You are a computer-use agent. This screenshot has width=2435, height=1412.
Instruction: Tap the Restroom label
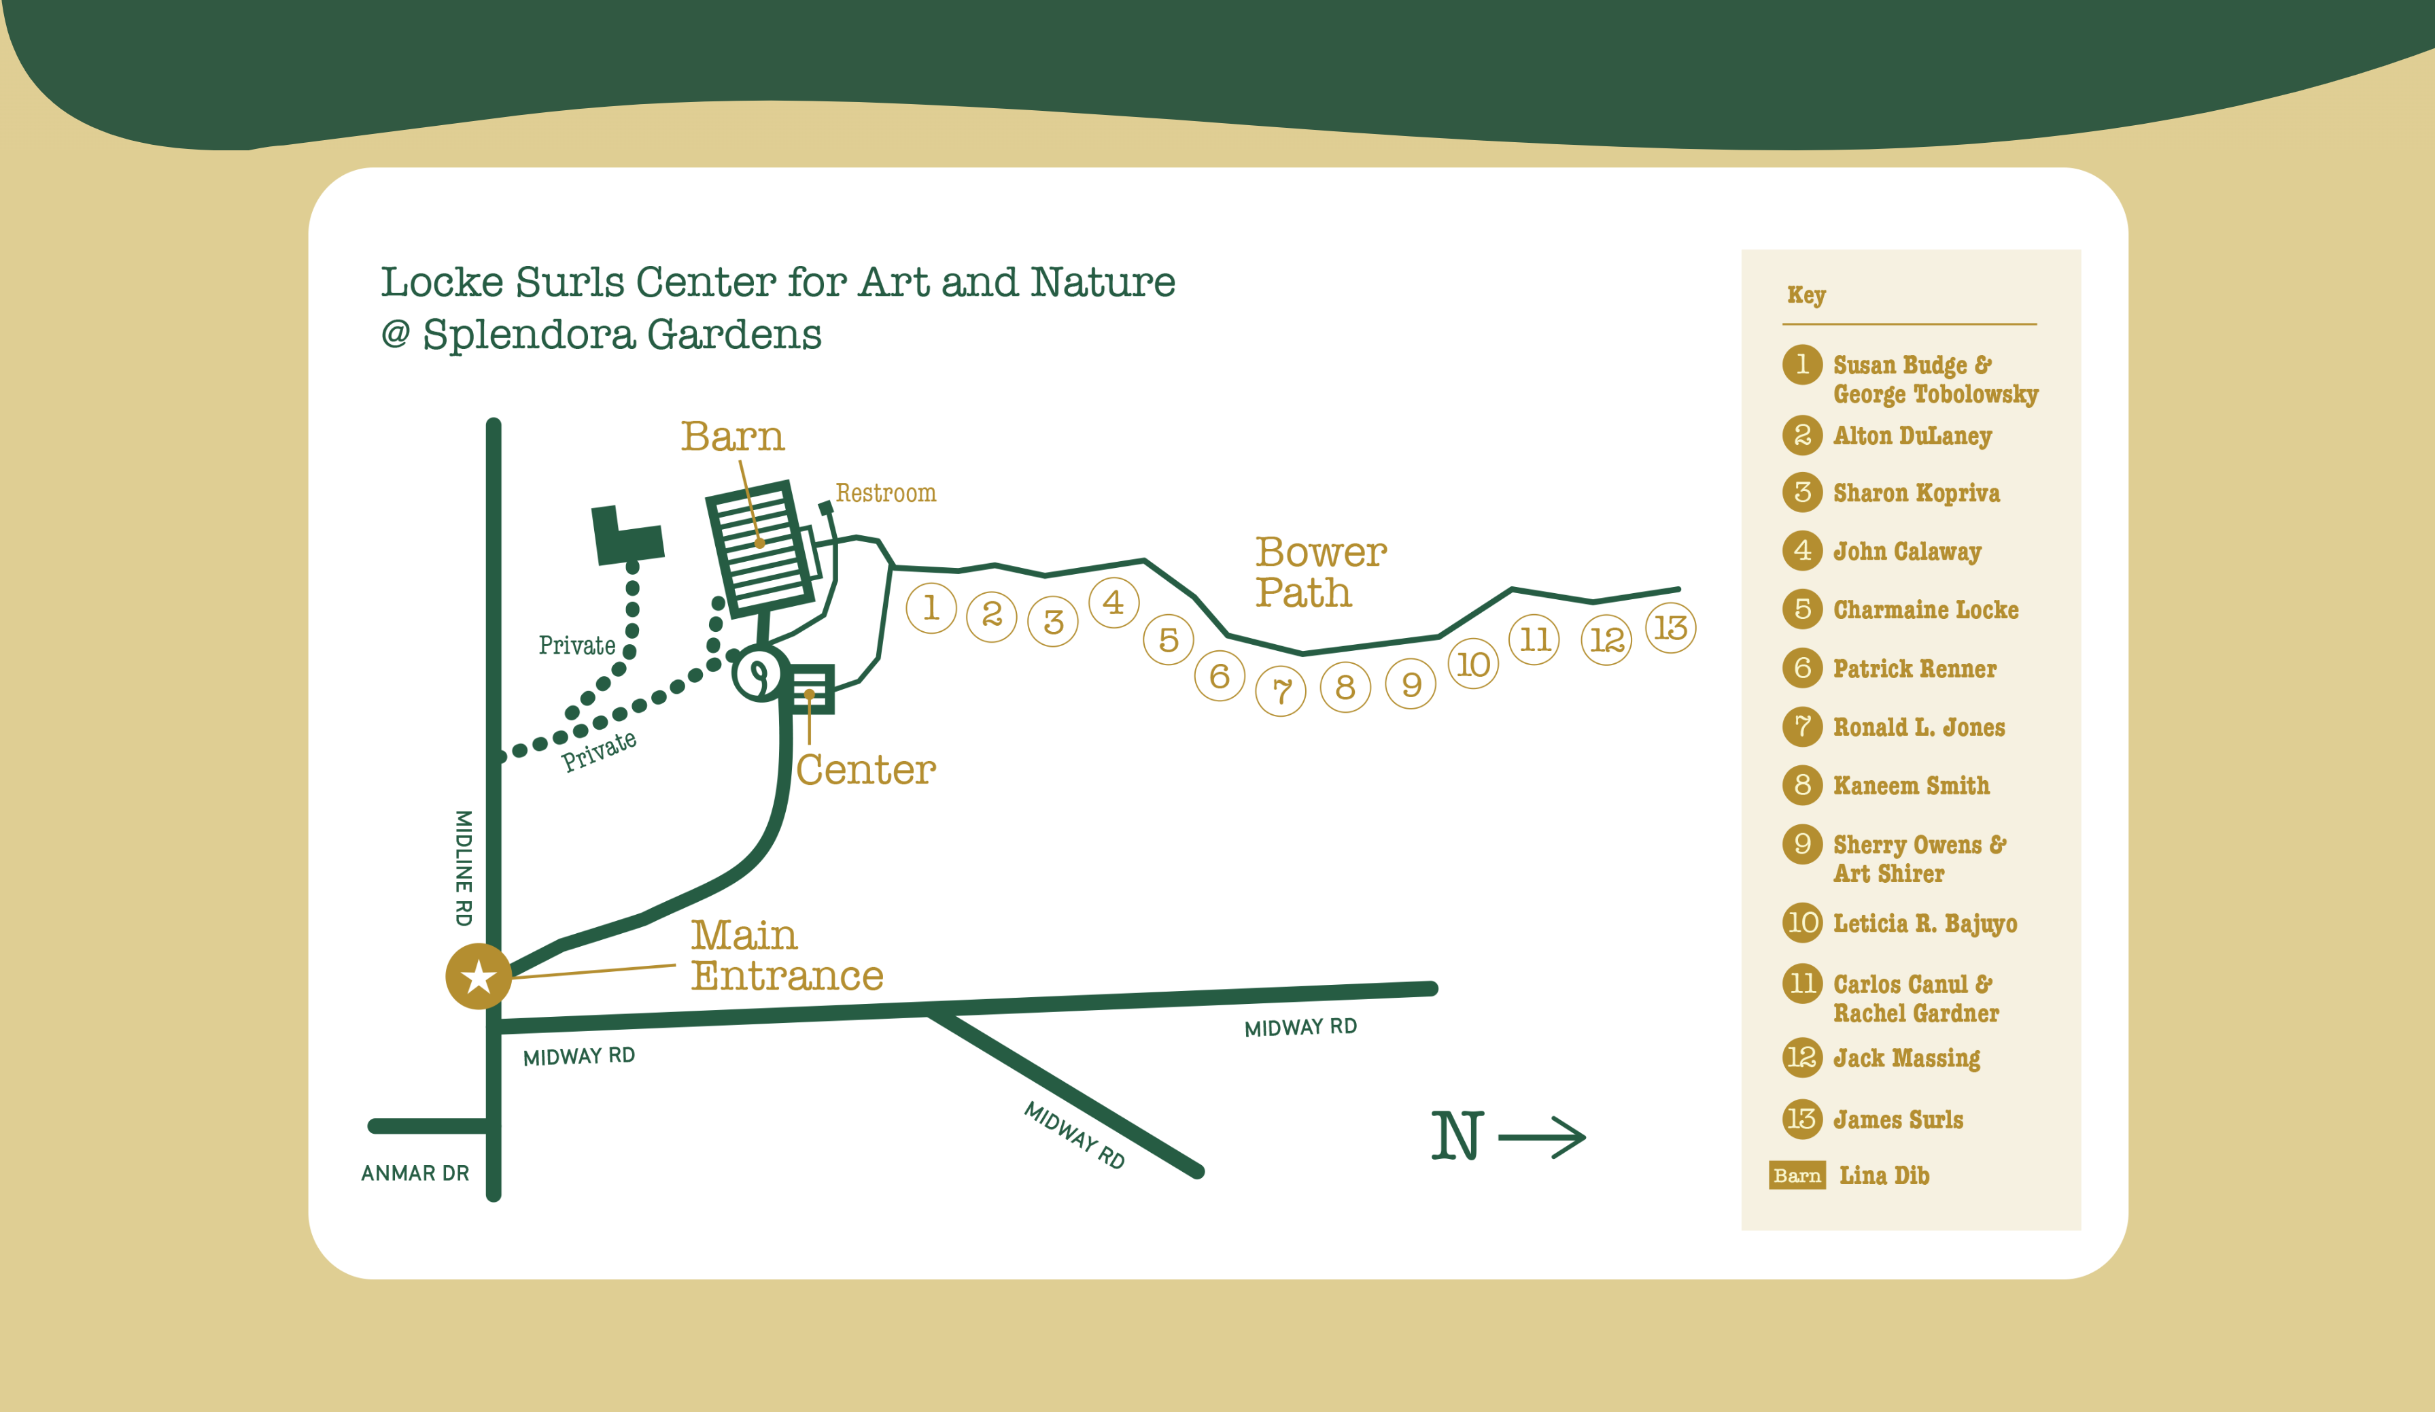(x=885, y=494)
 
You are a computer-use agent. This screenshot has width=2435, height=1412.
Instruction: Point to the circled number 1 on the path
(x=931, y=608)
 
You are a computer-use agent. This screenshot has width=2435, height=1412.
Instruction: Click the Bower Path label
(x=1320, y=572)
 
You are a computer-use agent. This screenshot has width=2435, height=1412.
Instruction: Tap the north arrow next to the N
(x=1542, y=1137)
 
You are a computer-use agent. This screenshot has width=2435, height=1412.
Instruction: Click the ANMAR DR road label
(x=415, y=1173)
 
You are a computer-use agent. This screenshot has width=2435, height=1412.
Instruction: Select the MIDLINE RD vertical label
(x=464, y=868)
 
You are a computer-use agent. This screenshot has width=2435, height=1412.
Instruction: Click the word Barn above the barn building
(x=732, y=437)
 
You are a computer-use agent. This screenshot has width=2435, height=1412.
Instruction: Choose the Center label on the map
(x=866, y=770)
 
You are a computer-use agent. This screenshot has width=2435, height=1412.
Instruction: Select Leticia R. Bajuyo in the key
(x=1924, y=924)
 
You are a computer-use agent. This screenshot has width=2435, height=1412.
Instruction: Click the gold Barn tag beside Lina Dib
(x=1796, y=1175)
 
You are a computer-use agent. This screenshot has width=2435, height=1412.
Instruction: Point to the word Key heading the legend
(x=1806, y=295)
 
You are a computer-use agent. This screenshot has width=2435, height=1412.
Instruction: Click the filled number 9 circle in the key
(x=1802, y=843)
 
